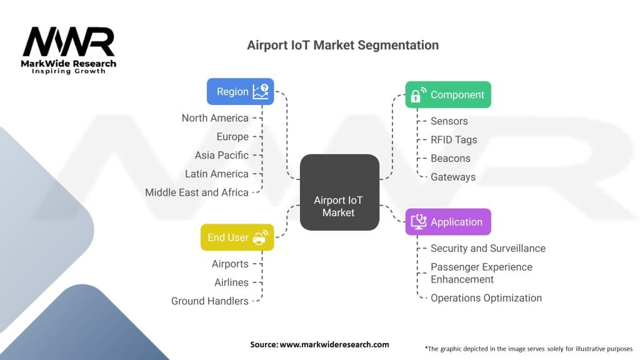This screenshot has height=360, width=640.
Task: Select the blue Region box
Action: (240, 92)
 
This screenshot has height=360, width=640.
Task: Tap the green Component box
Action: (447, 94)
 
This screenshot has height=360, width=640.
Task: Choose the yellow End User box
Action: (237, 237)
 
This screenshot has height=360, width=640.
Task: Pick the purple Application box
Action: (447, 222)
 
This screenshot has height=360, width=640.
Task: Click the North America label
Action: (214, 118)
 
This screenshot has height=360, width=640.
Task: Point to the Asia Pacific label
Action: (221, 155)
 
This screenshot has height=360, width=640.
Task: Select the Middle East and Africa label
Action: (196, 192)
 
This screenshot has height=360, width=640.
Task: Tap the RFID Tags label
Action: (454, 140)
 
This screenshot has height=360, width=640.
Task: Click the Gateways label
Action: (453, 177)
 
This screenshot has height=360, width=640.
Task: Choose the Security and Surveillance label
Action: (487, 248)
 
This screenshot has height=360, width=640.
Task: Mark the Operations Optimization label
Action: (486, 298)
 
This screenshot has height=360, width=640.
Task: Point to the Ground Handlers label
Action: (209, 301)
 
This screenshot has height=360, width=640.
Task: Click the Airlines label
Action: (231, 282)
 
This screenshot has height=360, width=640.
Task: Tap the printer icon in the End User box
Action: (260, 237)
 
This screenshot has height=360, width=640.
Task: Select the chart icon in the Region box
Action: (261, 92)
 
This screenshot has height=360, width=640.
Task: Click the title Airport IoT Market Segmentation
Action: (342, 45)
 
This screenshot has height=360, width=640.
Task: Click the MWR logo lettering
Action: (69, 42)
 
